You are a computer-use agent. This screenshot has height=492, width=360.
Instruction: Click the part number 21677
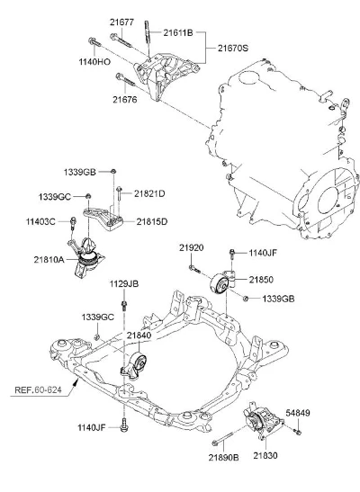coord(121,22)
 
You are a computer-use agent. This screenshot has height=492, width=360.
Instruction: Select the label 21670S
coord(233,48)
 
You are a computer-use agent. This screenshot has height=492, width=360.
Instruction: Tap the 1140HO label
coord(94,62)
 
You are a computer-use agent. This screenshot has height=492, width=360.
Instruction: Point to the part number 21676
coord(125,100)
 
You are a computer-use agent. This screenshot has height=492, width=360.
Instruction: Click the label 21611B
coord(178,32)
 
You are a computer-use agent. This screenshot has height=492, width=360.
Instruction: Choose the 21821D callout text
coord(149,193)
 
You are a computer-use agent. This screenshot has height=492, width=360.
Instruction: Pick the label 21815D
coord(152,222)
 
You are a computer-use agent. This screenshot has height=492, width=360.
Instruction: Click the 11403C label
coord(40,222)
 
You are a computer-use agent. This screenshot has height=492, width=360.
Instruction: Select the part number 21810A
coord(49,260)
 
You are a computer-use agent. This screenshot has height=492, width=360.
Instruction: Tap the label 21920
coord(192,247)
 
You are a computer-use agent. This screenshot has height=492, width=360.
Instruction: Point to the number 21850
coord(261,279)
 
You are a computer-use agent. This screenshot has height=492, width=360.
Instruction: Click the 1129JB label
coord(124,283)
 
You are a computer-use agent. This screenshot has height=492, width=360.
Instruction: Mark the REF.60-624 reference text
coord(38,390)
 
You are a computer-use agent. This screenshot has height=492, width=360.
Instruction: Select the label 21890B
coord(223,458)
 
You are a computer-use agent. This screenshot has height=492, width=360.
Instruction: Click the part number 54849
coord(298,413)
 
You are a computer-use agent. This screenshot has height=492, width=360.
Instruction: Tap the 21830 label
coord(265,455)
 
